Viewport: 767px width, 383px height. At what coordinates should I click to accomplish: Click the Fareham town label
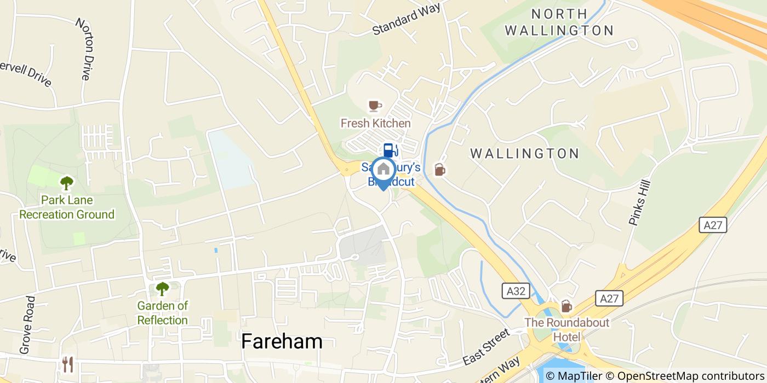282,341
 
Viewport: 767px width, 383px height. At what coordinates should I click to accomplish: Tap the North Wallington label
558,22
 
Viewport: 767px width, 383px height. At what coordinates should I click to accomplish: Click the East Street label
486,347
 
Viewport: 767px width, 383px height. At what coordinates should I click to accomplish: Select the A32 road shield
511,291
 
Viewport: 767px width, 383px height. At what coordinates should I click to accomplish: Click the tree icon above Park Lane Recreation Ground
67,183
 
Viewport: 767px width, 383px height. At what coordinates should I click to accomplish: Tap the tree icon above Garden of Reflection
162,288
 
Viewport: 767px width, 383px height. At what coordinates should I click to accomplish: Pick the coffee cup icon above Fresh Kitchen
375,105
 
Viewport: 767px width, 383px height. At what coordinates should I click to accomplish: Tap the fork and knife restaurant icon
68,364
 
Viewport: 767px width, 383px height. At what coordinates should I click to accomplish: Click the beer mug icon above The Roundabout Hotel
566,306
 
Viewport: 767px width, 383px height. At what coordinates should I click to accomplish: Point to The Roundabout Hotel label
566,329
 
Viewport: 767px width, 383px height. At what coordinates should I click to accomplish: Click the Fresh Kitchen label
375,123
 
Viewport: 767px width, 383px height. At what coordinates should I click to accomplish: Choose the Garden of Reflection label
163,313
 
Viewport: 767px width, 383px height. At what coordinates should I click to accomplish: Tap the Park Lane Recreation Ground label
67,207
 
